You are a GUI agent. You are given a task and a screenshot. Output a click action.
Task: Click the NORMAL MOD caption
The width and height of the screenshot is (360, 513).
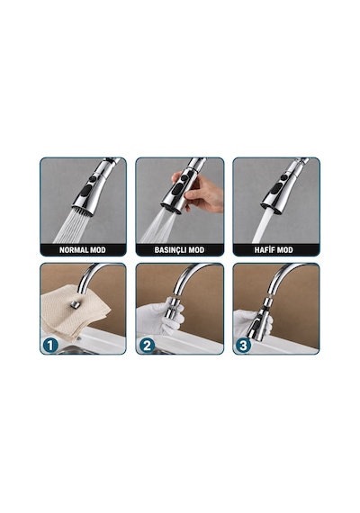tap(83, 250)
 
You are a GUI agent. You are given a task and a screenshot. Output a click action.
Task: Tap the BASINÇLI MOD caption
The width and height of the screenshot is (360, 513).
tap(179, 250)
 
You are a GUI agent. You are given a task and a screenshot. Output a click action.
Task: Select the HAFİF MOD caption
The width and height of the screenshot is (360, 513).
tap(274, 250)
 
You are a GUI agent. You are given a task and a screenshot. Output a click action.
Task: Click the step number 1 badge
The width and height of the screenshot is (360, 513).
tap(50, 346)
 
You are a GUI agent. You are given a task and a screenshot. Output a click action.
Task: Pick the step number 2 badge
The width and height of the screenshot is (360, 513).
tap(147, 346)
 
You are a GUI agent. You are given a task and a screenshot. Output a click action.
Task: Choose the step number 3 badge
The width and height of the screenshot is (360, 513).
tap(243, 346)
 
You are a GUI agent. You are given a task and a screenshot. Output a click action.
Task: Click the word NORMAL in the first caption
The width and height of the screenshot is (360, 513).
tap(71, 250)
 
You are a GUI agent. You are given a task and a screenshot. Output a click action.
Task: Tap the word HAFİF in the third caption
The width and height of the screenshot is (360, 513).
tap(265, 250)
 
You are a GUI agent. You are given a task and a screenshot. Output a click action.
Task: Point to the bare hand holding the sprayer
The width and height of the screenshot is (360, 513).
tap(200, 192)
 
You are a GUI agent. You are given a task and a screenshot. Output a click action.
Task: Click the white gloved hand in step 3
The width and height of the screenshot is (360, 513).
tap(252, 322)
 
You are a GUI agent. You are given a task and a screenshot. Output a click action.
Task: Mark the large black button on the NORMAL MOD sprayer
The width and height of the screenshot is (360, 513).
tap(85, 191)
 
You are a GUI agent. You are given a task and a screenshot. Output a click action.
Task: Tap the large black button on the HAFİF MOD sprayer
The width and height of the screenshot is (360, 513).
tap(276, 189)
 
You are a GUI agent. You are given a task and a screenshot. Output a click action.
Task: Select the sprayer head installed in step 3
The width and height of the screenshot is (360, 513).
tap(260, 319)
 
